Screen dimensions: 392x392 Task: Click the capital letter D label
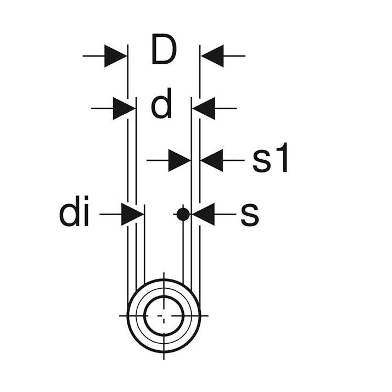point(164,49)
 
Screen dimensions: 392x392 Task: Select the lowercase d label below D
point(161,103)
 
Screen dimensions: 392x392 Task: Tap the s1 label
point(270,157)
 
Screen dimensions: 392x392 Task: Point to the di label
point(74,211)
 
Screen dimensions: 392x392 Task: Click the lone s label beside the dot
point(249,215)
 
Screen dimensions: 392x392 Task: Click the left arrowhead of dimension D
point(115,56)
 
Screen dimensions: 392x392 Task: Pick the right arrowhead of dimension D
point(212,56)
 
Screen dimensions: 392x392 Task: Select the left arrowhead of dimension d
point(124,109)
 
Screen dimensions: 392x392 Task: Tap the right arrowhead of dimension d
point(204,109)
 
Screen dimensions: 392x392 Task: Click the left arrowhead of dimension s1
point(180,160)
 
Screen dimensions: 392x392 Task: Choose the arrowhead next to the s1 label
point(212,160)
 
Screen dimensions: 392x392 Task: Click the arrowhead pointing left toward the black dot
point(203,214)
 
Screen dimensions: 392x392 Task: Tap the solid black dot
point(183,214)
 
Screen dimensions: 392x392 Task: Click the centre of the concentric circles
point(164,316)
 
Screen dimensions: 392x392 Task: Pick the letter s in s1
point(261,161)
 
